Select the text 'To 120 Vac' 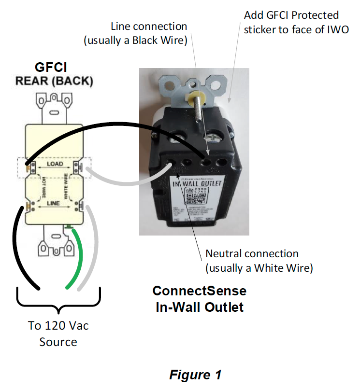pyautogui.click(x=58, y=326)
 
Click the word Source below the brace pyautogui.click(x=58, y=342)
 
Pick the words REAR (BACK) pyautogui.click(x=54, y=81)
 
